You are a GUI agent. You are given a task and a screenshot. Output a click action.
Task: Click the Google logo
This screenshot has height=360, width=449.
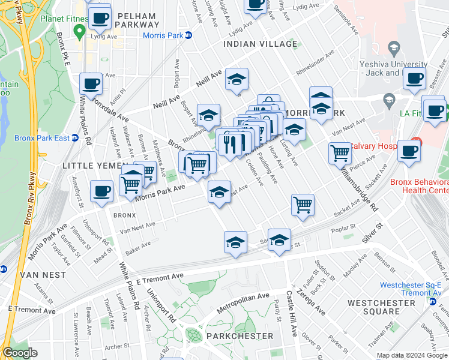coord(20,353)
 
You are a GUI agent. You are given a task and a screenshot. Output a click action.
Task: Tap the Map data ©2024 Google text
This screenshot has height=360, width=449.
coord(411,355)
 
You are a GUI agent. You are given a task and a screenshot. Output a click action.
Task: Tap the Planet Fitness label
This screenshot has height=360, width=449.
coord(63,19)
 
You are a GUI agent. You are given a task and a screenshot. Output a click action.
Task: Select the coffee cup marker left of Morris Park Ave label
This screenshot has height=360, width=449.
coord(101,191)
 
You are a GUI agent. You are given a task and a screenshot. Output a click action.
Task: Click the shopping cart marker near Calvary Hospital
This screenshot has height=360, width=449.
coord(340,152)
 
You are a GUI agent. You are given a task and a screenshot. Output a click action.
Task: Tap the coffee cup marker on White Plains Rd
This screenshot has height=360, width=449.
coord(91,84)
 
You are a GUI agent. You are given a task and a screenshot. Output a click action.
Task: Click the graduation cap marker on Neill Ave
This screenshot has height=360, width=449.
coord(237,80)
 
